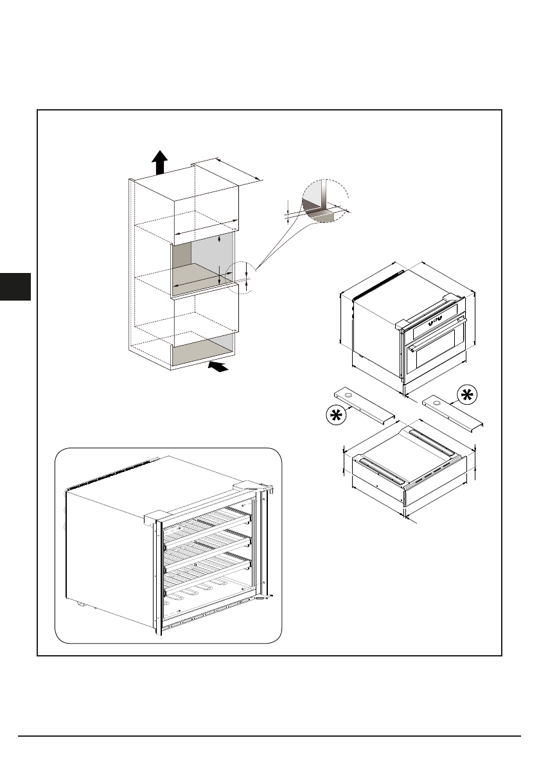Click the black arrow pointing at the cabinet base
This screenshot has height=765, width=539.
click(219, 366)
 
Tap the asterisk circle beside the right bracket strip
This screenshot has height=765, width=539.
click(467, 394)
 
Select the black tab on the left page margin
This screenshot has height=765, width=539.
click(15, 286)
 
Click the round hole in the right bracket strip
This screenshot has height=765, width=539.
click(437, 402)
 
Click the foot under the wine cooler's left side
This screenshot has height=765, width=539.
click(82, 602)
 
